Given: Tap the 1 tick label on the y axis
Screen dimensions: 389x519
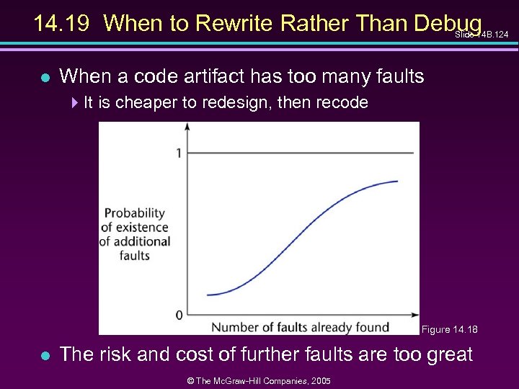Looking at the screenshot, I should click(177, 153).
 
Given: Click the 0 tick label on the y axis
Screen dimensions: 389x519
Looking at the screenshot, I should click(178, 315).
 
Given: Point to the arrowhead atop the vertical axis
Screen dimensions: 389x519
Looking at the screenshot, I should click(187, 127).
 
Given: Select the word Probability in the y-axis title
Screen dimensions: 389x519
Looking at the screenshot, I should click(135, 213).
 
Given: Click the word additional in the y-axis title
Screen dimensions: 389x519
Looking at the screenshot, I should click(141, 241).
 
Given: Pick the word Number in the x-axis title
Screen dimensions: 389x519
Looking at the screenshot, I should click(235, 327).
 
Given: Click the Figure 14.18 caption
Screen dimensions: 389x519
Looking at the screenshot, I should click(449, 330).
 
